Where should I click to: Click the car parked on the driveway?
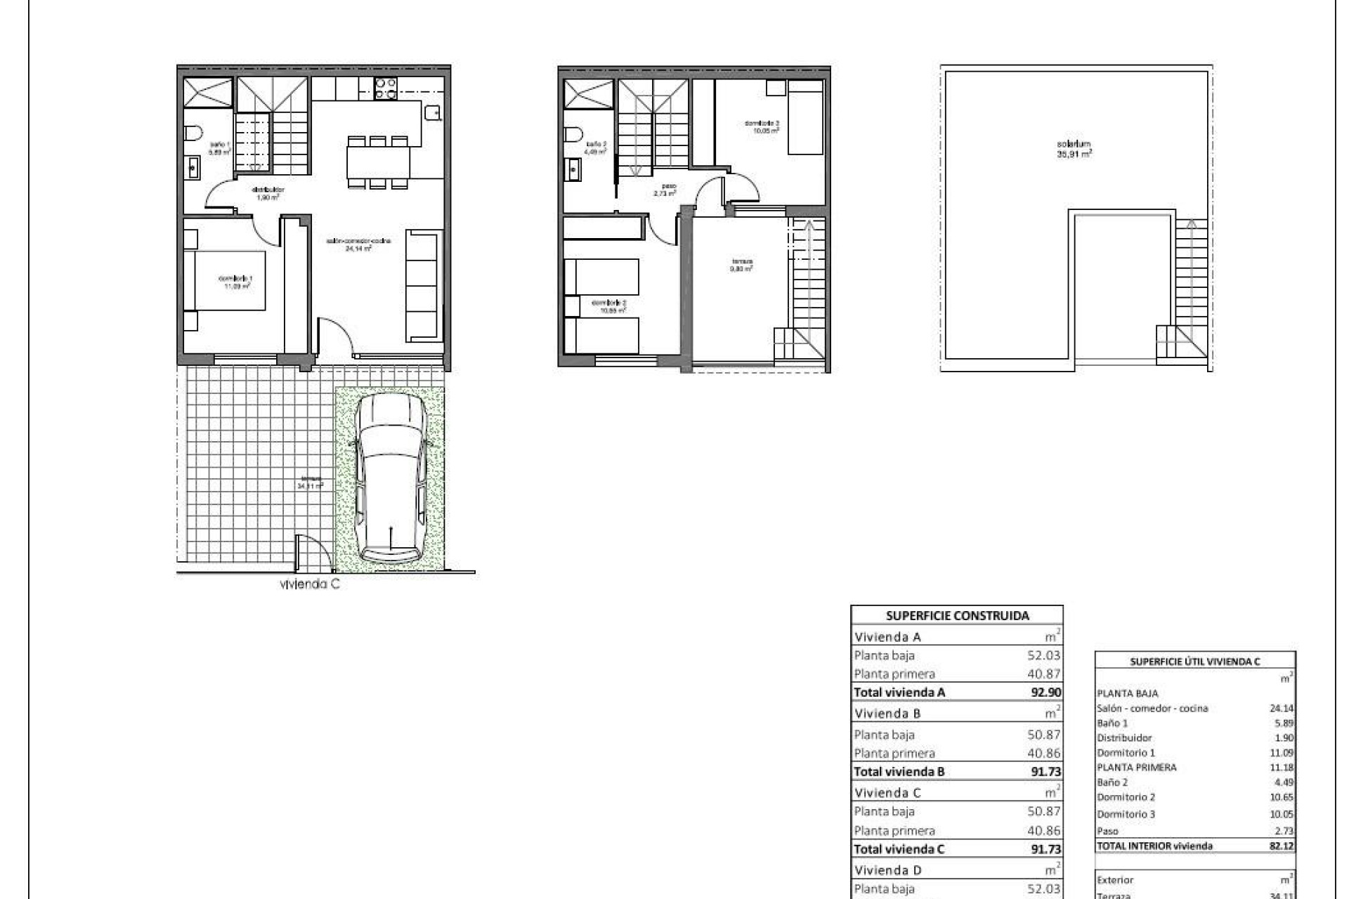(x=391, y=479)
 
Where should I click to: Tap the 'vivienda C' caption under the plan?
(x=309, y=584)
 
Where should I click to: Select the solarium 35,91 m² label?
(x=1074, y=148)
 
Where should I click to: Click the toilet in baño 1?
(x=193, y=133)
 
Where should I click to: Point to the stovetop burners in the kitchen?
(x=386, y=88)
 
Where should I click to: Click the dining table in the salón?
(x=378, y=162)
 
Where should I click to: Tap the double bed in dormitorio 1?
(x=225, y=280)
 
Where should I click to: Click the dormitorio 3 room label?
(x=762, y=126)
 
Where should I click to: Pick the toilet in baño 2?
(x=573, y=133)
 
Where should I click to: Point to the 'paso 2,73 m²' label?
(x=665, y=189)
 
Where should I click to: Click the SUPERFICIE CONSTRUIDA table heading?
(x=957, y=616)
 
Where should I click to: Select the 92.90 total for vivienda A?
(x=1045, y=692)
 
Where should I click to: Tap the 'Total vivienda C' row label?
(x=899, y=848)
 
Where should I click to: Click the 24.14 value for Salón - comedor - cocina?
(x=1282, y=709)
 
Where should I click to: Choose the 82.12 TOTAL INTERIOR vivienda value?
(x=1282, y=846)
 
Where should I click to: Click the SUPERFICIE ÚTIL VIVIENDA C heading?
(x=1194, y=662)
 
